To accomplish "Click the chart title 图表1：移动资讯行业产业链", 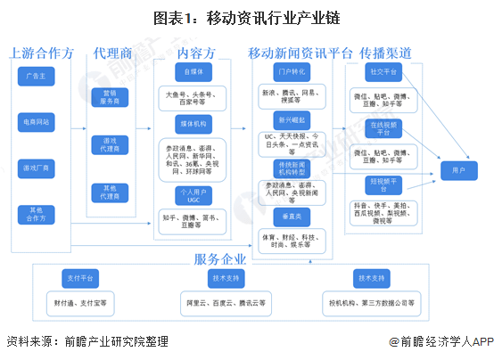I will (x=246, y=17).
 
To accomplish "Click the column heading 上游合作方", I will (x=40, y=53).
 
